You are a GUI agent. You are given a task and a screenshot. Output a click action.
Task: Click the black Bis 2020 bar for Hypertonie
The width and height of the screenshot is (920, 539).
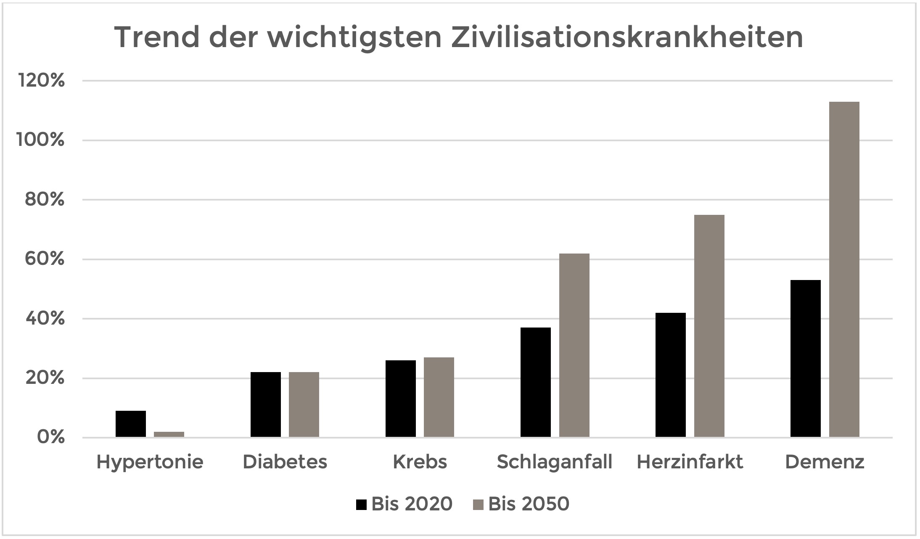tap(131, 424)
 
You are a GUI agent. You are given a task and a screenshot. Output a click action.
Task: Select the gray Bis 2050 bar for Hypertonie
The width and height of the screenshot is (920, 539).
tap(169, 434)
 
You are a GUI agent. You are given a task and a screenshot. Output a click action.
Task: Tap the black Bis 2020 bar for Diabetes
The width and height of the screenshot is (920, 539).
tap(266, 404)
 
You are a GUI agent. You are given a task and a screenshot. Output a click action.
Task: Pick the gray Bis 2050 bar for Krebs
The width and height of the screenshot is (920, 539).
tap(439, 397)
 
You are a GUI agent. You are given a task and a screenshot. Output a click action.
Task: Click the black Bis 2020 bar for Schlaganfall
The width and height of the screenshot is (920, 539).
tap(536, 382)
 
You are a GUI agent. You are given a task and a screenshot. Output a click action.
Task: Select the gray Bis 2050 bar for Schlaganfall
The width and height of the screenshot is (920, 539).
tap(574, 345)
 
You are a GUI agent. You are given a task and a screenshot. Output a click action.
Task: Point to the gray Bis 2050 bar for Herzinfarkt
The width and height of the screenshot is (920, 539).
tap(709, 326)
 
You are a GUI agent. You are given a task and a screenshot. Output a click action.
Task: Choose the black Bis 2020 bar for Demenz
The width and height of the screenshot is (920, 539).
tap(806, 359)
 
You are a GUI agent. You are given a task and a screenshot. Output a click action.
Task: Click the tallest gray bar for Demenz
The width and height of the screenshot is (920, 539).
tap(844, 269)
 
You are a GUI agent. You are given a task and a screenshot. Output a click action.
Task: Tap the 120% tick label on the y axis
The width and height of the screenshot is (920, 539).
tap(41, 80)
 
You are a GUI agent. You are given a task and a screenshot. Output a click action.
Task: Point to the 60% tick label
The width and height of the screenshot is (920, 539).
tap(45, 259)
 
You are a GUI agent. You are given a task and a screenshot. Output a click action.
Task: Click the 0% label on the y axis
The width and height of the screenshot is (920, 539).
tap(51, 437)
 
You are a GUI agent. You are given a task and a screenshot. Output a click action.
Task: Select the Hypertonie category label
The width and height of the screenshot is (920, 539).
tap(150, 462)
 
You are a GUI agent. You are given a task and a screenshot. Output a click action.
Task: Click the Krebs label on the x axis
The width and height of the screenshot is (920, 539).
tap(420, 462)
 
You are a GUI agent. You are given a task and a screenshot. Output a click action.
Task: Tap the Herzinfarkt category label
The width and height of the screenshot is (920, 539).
tap(690, 462)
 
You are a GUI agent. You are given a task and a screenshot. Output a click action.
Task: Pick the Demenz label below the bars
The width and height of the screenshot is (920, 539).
tap(825, 462)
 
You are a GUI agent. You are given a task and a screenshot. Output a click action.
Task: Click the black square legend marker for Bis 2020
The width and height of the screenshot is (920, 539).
tap(361, 504)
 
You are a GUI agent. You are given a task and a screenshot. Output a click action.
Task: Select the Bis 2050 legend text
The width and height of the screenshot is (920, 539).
tap(529, 504)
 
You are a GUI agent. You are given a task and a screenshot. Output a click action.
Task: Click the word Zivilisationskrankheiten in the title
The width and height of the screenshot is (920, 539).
tap(627, 37)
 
